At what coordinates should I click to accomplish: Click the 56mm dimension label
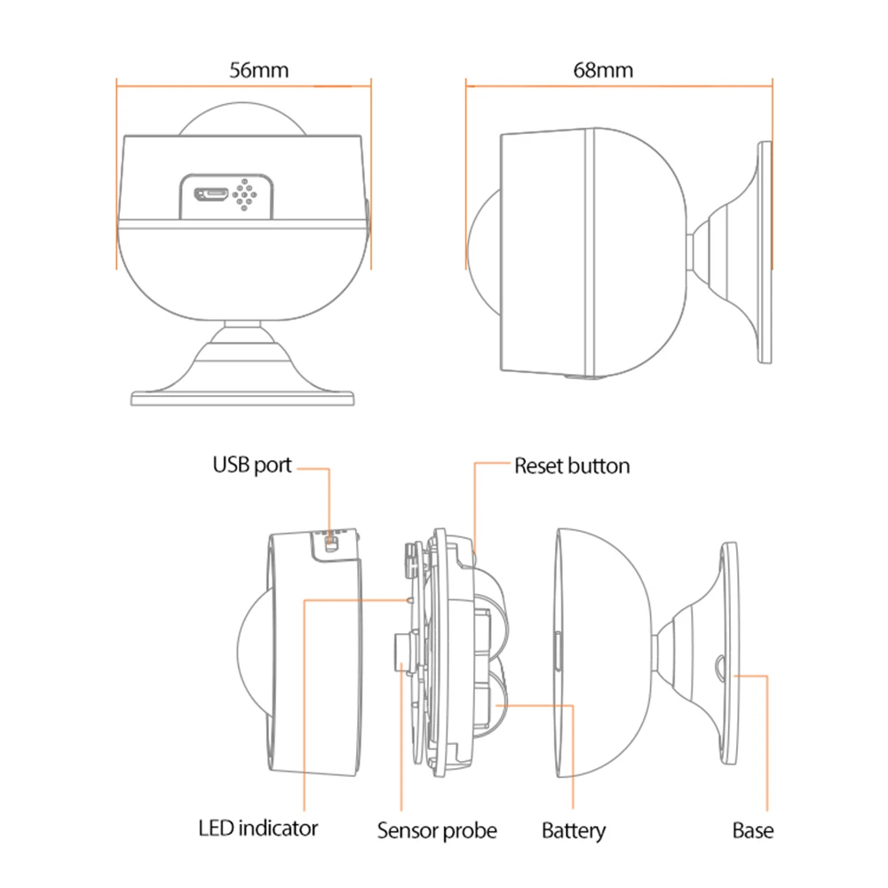[259, 70]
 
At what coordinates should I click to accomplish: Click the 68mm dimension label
[604, 70]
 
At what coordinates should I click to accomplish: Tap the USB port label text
[251, 464]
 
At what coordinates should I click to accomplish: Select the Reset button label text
[572, 465]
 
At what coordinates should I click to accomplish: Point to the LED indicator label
[258, 829]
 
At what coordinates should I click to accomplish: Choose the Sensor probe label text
[437, 831]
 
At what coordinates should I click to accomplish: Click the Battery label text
[574, 831]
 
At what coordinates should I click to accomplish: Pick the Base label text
[753, 831]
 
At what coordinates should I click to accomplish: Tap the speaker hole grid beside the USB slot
[246, 193]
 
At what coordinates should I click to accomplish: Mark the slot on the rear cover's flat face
[557, 653]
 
